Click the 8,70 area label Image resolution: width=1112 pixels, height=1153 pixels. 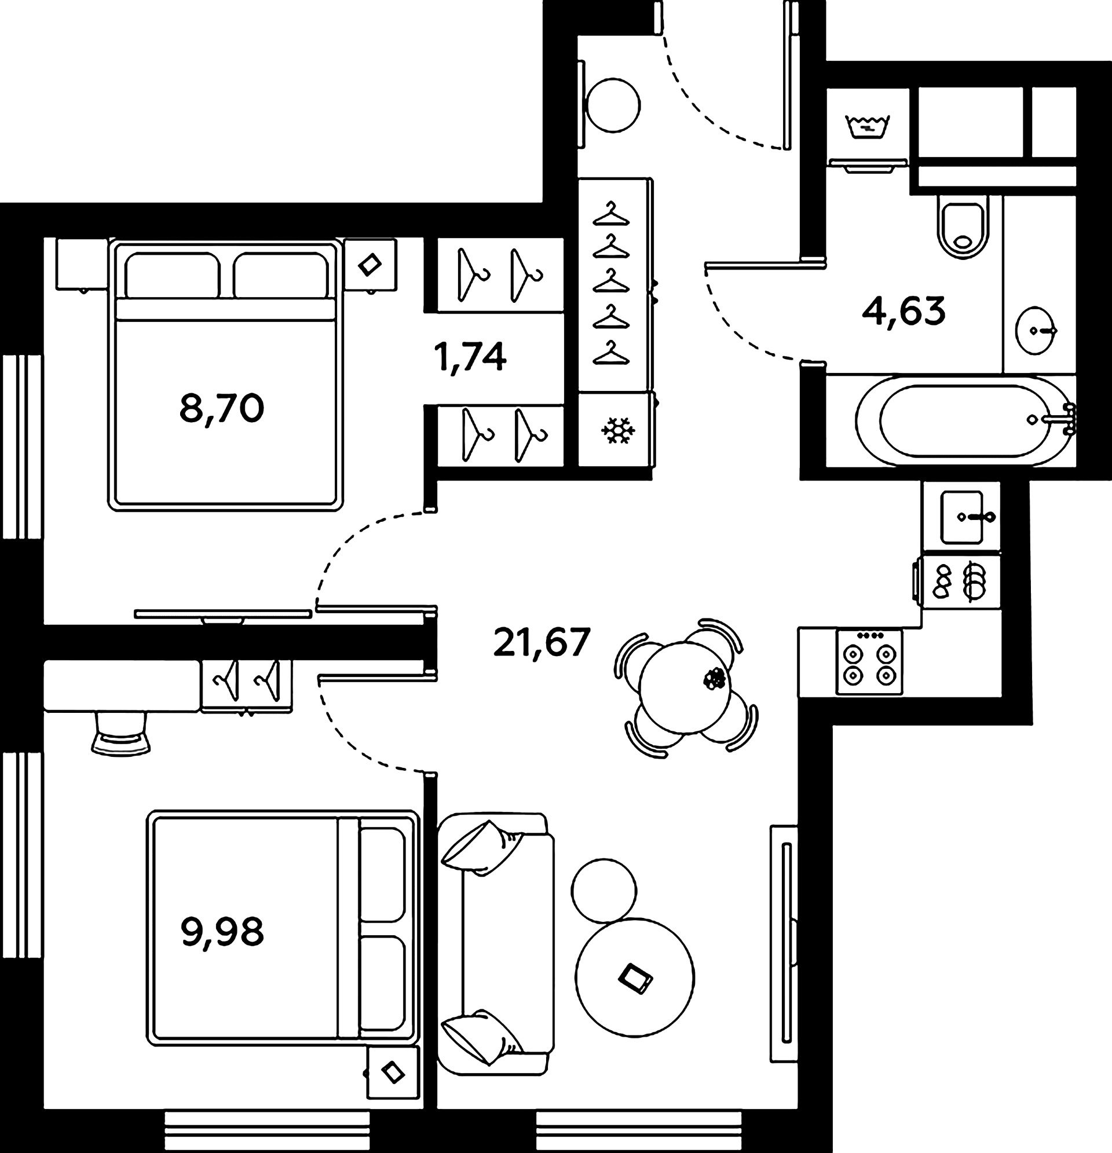point(222,409)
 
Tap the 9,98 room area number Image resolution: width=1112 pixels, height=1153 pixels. point(222,932)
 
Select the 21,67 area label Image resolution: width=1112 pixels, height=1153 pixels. point(542,642)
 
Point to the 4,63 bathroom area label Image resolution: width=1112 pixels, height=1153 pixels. point(904,311)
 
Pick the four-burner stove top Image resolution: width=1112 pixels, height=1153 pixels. point(869,662)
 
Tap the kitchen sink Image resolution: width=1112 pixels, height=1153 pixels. point(961,517)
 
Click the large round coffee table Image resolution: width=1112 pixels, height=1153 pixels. point(635,977)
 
